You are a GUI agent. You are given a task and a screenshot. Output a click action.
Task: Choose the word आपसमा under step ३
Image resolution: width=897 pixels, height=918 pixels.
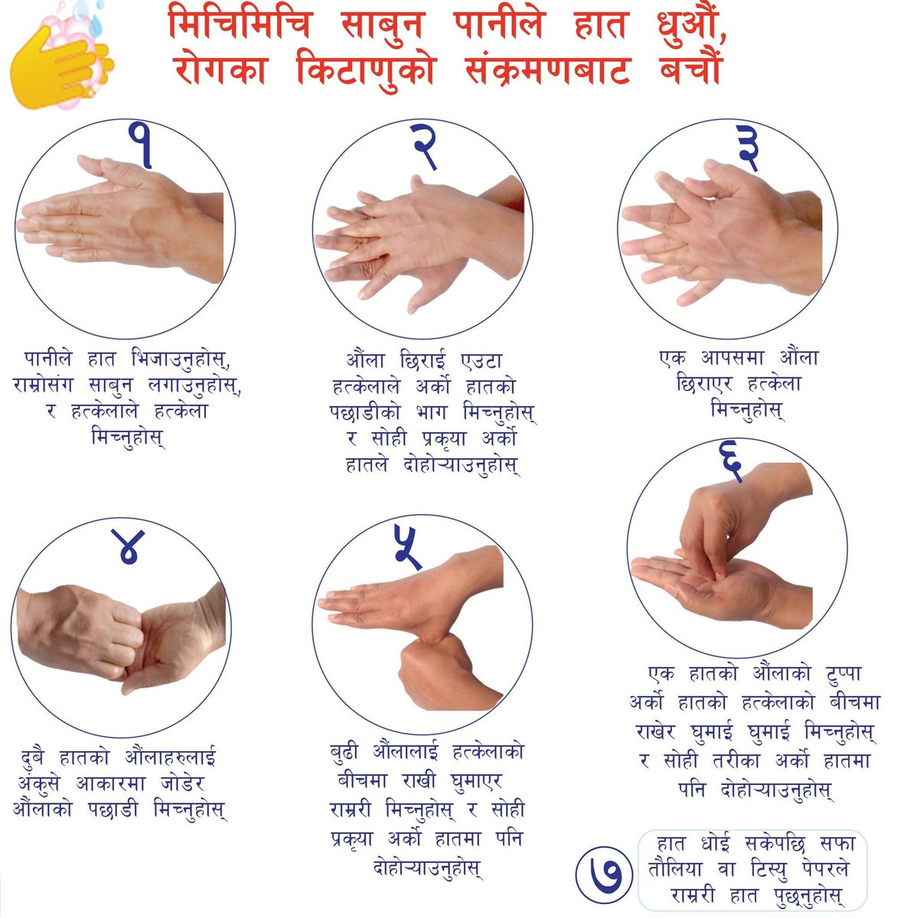[x=732, y=357]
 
